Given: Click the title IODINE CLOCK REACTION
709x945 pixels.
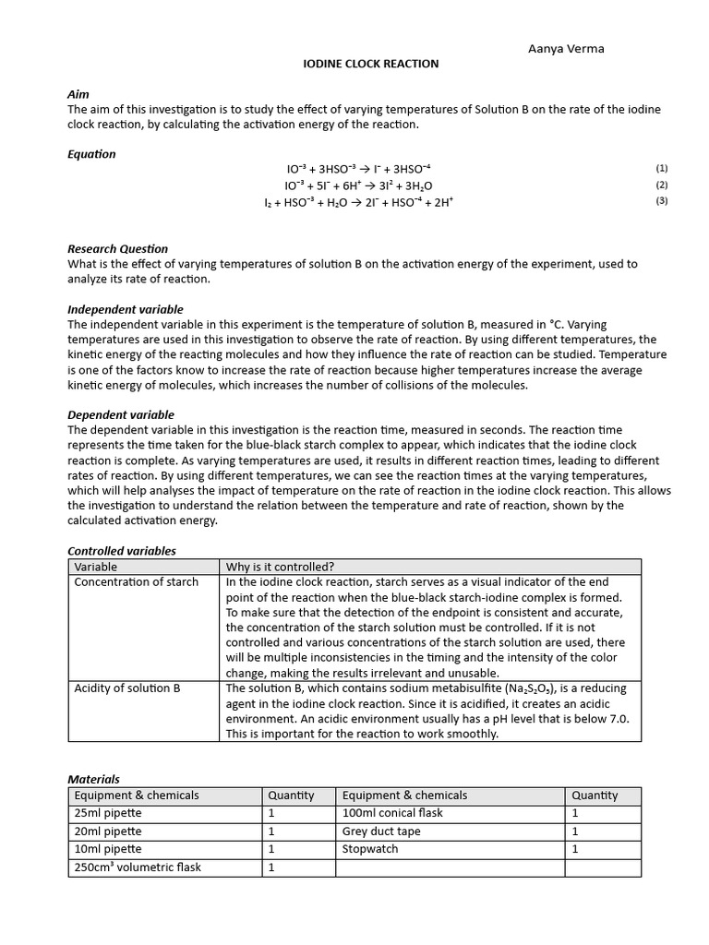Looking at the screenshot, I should point(371,64).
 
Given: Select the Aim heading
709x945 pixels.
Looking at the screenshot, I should point(78,94).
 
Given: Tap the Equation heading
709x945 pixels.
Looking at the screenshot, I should point(92,154).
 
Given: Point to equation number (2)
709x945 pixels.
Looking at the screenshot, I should point(661,185).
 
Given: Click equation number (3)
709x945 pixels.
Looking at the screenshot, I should point(661,201).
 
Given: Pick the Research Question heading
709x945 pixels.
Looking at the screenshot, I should point(118,248).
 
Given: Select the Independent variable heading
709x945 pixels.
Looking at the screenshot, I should point(126,309).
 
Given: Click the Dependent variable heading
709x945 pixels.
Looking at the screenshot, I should point(121,414).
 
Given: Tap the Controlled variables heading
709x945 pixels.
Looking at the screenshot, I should point(122,551).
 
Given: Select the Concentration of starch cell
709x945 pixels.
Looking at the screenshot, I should point(136,581).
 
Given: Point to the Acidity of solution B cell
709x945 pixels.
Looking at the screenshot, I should point(121,688).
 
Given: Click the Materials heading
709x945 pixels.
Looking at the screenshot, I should point(94,779).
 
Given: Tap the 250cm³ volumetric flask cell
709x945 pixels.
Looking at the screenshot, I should point(138,867).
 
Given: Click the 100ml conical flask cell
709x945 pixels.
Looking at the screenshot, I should point(392,813).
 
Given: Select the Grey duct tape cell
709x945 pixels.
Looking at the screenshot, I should point(381,831).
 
